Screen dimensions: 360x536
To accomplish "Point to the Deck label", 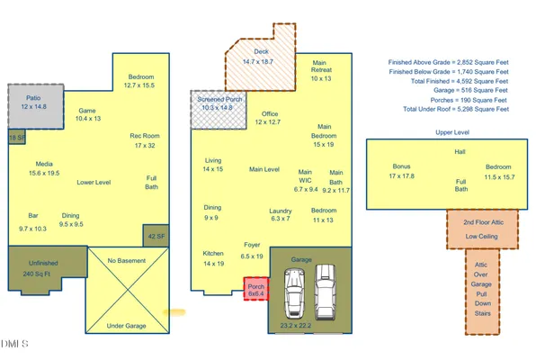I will [x=262, y=57].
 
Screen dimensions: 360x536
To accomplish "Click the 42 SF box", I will [x=154, y=237].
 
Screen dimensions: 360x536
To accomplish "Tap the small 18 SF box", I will [x=15, y=138].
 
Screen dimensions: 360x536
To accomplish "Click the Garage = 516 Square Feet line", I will [x=449, y=91].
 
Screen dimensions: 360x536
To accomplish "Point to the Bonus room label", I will [x=401, y=171].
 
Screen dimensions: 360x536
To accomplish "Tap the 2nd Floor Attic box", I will [x=483, y=229].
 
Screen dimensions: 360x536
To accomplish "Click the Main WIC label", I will [x=306, y=180].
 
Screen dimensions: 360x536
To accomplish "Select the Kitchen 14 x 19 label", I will [x=213, y=259].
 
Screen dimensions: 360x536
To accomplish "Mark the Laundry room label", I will [x=281, y=213].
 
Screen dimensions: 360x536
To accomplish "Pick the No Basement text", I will [x=126, y=261].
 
